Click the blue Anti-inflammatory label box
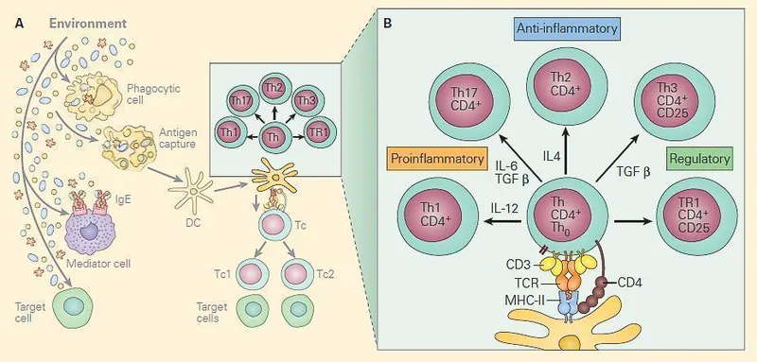click(567, 29)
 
